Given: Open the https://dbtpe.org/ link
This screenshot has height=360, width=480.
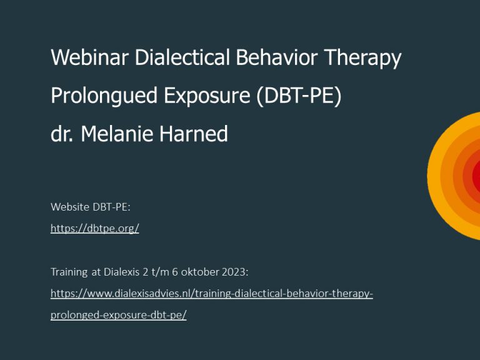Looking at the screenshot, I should (x=94, y=229).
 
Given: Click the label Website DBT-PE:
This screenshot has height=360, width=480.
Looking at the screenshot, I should (x=91, y=207).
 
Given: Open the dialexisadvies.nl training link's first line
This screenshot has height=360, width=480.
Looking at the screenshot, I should (x=211, y=292).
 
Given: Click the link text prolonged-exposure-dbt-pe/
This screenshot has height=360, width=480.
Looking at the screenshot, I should (x=118, y=315).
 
